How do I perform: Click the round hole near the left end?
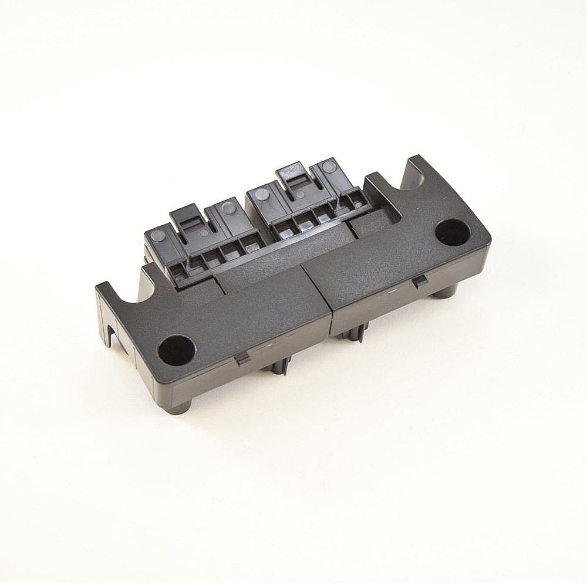click(x=176, y=350)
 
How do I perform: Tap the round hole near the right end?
click(x=453, y=232)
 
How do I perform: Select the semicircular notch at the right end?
click(x=414, y=177)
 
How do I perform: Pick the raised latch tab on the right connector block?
click(x=293, y=175)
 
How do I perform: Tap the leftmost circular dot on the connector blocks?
click(x=158, y=236)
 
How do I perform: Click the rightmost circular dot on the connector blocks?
click(x=329, y=167)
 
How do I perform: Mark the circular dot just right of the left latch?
click(x=228, y=207)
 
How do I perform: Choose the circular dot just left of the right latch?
click(x=262, y=194)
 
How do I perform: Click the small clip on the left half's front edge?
click(x=242, y=358)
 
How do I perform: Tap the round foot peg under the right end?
click(x=446, y=291)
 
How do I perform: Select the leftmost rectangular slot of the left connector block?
click(x=178, y=270)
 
